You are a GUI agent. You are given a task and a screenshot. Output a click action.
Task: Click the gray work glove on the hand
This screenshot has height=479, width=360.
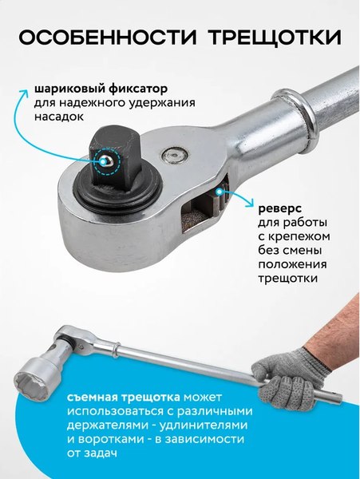click(288, 374)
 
